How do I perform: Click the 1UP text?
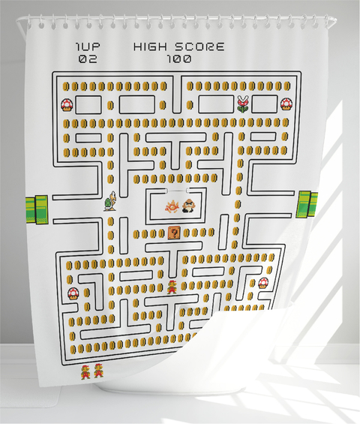tap(88, 47)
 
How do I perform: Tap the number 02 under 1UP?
tap(88, 59)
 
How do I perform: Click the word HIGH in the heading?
tap(150, 47)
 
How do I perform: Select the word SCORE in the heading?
tap(199, 47)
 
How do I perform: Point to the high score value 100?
tap(179, 59)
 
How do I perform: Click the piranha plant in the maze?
tap(243, 104)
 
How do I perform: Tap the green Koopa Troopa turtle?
tap(110, 201)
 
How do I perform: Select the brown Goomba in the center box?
tap(189, 206)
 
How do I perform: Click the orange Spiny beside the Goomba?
tap(172, 206)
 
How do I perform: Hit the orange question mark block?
tap(174, 233)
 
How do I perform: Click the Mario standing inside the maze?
tap(172, 287)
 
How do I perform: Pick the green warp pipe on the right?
tap(307, 204)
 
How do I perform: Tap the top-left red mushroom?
tap(67, 105)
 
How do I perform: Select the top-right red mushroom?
tap(286, 104)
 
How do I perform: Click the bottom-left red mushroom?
tap(73, 293)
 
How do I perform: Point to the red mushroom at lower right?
tap(263, 283)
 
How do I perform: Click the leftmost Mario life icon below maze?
tap(85, 372)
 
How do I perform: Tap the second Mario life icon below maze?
tap(98, 371)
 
